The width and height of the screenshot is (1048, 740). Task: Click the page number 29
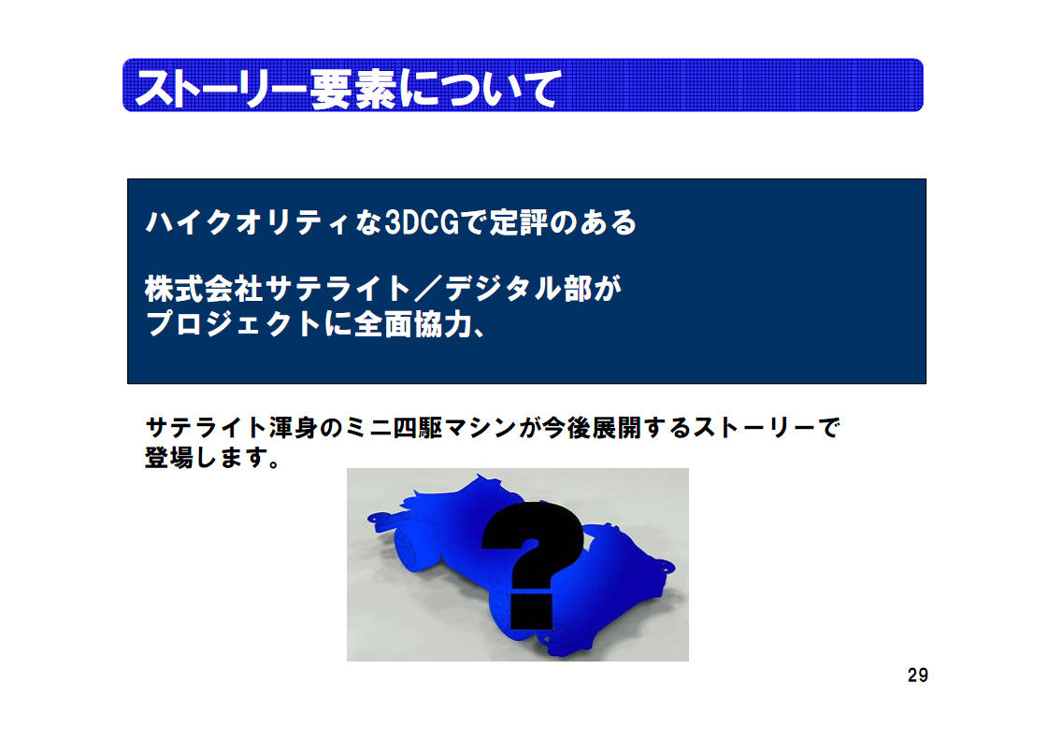918,676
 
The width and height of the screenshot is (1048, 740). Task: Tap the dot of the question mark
532,612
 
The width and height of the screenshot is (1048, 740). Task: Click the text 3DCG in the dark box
423,222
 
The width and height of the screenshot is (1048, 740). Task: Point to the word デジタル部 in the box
518,290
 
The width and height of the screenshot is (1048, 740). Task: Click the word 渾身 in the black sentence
294,428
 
